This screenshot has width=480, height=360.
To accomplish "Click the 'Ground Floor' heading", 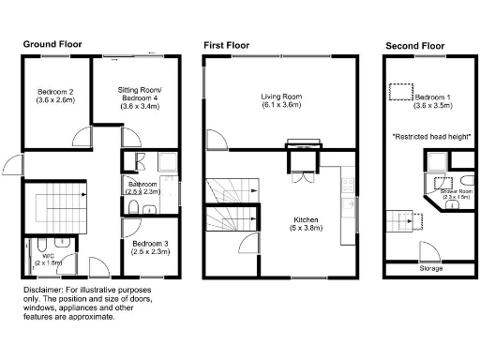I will pyautogui.click(x=52, y=44).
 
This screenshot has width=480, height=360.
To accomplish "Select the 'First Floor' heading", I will pyautogui.click(x=227, y=44).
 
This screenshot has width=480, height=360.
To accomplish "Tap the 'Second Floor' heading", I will pyautogui.click(x=415, y=44).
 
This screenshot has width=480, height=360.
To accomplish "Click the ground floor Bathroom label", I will pyautogui.click(x=143, y=187).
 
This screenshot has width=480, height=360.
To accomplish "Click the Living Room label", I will pyautogui.click(x=281, y=101).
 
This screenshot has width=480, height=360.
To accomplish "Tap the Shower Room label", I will pyautogui.click(x=457, y=194).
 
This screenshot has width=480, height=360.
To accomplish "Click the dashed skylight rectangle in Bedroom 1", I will pyautogui.click(x=401, y=91).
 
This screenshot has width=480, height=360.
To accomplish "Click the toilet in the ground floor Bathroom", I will pyautogui.click(x=134, y=206).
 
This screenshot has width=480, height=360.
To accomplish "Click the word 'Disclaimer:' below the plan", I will pyautogui.click(x=44, y=291).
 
